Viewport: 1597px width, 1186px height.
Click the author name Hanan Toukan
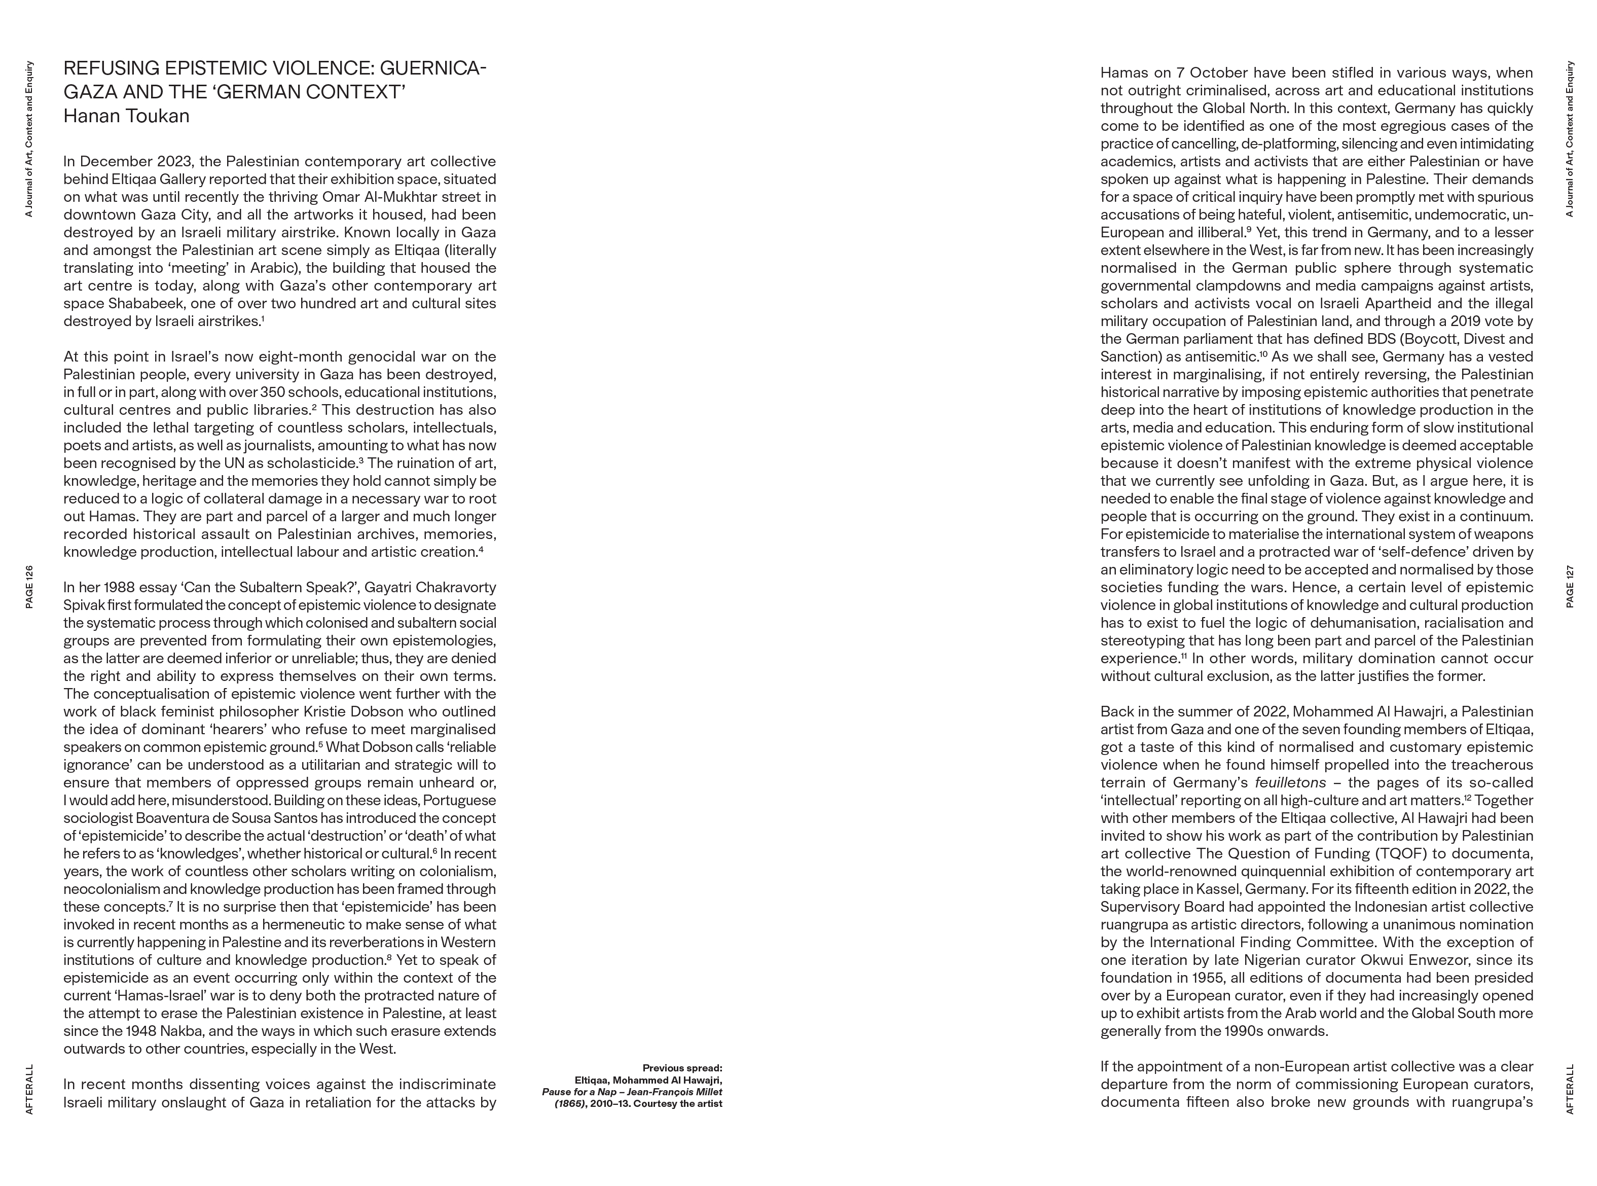126,116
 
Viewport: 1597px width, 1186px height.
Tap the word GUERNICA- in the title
433,69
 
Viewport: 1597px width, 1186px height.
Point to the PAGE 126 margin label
29,587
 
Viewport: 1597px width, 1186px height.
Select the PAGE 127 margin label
1570,587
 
